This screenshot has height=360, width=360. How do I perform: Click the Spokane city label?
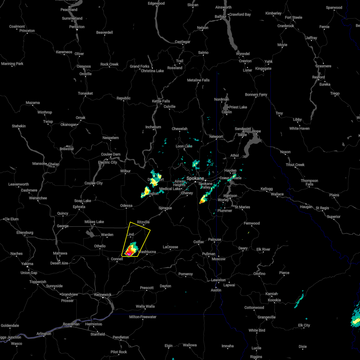point(195,178)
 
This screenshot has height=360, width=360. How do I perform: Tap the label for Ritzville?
point(143,222)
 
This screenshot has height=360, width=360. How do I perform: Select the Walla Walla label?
point(145,306)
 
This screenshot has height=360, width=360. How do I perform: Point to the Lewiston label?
point(218,280)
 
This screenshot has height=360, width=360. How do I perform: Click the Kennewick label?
point(103,295)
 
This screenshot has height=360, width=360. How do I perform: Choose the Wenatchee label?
point(38,198)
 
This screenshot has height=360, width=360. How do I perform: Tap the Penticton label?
point(77,27)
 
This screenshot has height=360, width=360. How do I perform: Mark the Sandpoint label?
point(243,129)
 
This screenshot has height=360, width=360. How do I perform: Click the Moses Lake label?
point(94,222)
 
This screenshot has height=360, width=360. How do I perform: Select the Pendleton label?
point(121,337)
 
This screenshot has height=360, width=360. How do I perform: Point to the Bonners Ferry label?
point(256,94)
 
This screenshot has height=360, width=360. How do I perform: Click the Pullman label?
point(209,254)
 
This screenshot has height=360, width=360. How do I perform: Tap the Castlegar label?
point(182,42)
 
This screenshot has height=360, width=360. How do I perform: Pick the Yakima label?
point(27,264)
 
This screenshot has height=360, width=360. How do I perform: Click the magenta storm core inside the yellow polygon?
point(129,254)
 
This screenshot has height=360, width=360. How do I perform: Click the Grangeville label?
point(266,317)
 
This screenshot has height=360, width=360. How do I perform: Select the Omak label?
point(81,118)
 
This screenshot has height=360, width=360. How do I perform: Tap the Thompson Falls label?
point(309,182)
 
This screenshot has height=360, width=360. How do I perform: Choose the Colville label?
point(169,106)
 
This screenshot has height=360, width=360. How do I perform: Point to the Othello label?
point(100,246)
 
